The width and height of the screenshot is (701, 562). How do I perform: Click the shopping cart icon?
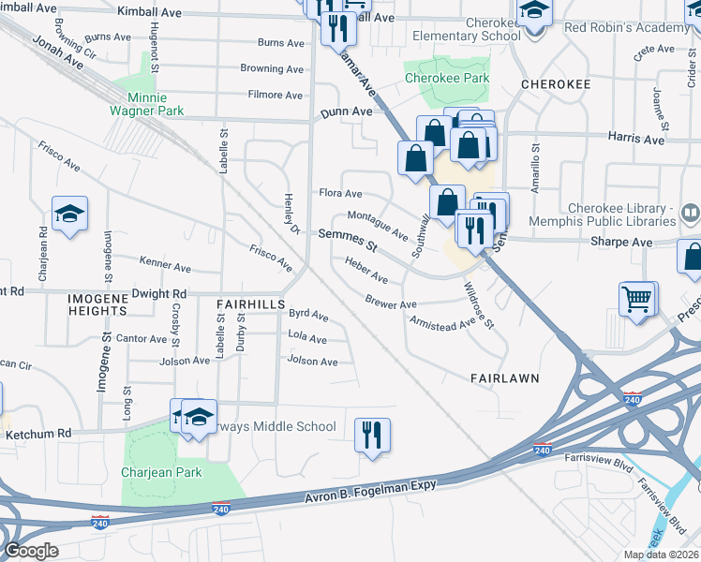(x=637, y=300)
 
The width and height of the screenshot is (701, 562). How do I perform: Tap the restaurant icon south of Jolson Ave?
(x=373, y=436)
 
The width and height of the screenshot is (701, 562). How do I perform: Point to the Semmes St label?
(x=347, y=240)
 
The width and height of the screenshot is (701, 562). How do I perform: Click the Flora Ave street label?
(x=340, y=193)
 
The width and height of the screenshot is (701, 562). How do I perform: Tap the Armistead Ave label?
(x=442, y=323)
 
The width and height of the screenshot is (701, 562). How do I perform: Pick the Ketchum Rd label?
(x=38, y=435)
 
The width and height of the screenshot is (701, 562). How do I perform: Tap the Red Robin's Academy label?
(x=628, y=27)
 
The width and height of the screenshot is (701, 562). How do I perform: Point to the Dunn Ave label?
(x=346, y=111)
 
